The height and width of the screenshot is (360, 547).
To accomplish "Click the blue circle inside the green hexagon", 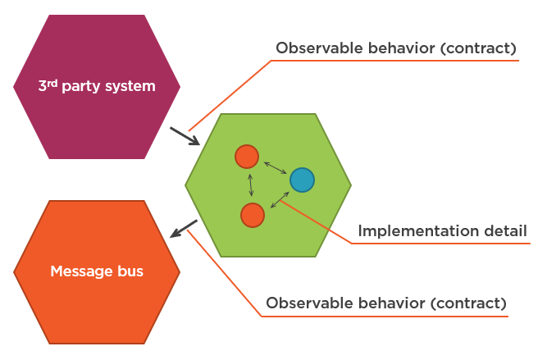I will (x=302, y=180).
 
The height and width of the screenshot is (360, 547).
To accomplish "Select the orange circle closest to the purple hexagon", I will (x=247, y=156).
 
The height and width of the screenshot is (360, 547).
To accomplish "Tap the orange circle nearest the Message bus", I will (x=253, y=215).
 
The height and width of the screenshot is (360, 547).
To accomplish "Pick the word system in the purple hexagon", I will (x=126, y=85).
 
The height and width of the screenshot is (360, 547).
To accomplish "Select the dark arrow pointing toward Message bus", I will (x=184, y=229).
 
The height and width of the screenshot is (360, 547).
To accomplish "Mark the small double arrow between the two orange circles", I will (x=250, y=185).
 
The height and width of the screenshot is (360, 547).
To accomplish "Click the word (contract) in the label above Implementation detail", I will (x=478, y=48).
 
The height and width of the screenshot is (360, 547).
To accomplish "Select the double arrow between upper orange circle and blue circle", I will (x=275, y=167).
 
